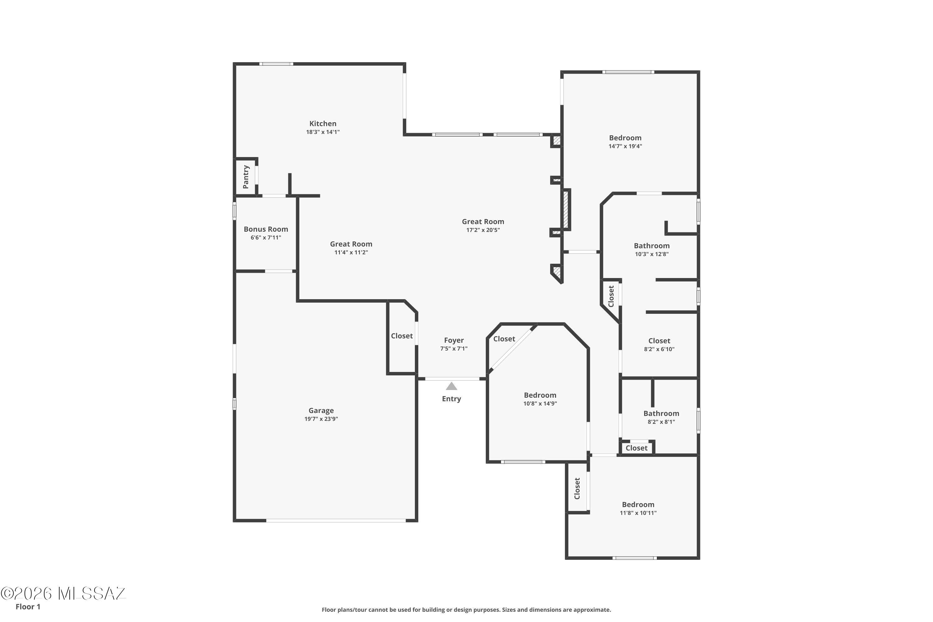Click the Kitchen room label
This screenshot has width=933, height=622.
click(323, 124)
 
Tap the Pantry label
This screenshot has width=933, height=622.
click(246, 177)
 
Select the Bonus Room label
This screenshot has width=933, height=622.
click(266, 229)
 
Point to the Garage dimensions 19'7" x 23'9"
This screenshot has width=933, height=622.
click(321, 419)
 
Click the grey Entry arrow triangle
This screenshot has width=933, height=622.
click(452, 386)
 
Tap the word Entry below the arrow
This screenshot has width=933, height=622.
click(452, 399)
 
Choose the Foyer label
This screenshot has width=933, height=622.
click(454, 340)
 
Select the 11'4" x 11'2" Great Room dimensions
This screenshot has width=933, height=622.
click(351, 252)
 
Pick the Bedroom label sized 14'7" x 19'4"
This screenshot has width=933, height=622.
click(625, 138)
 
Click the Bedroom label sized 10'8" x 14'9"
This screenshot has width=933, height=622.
click(540, 395)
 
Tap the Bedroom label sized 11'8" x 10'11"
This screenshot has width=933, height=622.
click(638, 504)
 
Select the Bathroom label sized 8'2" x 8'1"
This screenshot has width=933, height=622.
click(661, 413)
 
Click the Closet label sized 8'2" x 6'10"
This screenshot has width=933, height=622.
click(659, 341)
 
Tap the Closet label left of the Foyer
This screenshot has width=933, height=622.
click(402, 336)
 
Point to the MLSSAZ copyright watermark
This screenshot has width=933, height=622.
click(63, 593)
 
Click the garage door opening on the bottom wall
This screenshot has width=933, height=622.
click(336, 520)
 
